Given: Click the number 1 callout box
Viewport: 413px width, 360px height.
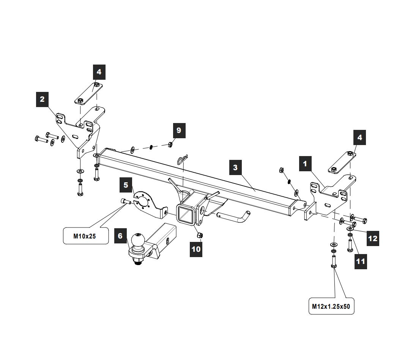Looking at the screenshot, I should [305, 164].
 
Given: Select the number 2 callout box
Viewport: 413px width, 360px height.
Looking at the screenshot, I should [42, 99].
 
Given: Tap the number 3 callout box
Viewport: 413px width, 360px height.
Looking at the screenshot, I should [235, 167].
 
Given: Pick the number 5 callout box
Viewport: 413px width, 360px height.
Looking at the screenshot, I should [126, 185].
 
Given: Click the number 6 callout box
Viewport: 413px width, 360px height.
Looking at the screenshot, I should [120, 236].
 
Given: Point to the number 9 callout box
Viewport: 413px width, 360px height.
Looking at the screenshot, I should [179, 131].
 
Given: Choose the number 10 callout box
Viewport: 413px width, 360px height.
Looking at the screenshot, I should [196, 249].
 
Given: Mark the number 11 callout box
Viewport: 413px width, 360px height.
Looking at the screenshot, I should [360, 261].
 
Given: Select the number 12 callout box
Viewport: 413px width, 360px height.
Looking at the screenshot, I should [373, 238].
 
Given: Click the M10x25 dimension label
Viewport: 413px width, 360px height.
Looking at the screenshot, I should [85, 236].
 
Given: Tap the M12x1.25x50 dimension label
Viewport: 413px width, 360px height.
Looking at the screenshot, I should [331, 306].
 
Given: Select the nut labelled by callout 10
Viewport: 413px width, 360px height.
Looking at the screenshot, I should [199, 235].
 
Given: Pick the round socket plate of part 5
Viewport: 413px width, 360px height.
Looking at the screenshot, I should [144, 200].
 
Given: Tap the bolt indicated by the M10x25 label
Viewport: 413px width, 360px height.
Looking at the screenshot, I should [125, 202].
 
